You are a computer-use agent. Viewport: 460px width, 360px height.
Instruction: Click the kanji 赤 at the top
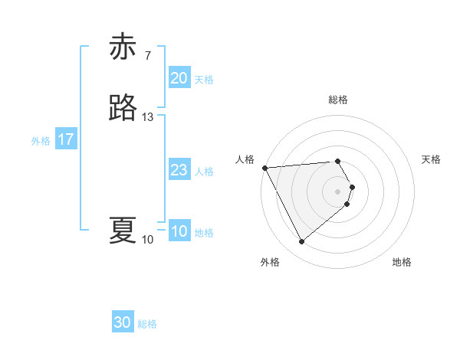tap(123, 47)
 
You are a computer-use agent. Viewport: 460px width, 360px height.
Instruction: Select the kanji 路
tap(123, 108)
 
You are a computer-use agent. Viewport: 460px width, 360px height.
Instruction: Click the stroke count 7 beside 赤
tap(147, 55)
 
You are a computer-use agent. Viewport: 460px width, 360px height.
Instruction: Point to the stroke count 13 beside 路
tap(148, 117)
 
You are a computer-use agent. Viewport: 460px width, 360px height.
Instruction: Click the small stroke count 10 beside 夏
tap(148, 240)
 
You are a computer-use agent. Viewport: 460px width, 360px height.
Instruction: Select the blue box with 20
tap(179, 78)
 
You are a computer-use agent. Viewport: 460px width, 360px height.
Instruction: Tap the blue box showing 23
tap(179, 171)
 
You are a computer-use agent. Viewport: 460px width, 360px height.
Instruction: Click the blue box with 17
tap(66, 140)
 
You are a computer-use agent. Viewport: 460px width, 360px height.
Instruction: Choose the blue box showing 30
tap(123, 323)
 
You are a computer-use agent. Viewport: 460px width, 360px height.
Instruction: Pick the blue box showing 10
tap(179, 232)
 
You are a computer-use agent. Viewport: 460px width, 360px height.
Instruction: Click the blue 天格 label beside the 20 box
tap(204, 80)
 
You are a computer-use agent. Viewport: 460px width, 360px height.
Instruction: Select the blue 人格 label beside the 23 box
tap(204, 172)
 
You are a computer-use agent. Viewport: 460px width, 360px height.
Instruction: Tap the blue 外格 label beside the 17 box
tap(41, 141)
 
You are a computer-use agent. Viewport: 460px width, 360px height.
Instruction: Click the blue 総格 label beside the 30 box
tap(147, 324)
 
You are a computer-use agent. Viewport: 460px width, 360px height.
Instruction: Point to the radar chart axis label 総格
tap(338, 100)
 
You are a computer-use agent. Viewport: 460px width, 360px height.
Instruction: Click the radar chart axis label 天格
tap(431, 159)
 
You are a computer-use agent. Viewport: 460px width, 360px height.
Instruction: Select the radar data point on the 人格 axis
tap(264, 168)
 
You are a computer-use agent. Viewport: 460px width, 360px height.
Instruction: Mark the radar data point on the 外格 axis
tap(301, 242)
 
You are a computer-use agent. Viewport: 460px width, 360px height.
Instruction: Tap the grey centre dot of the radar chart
tap(338, 191)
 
